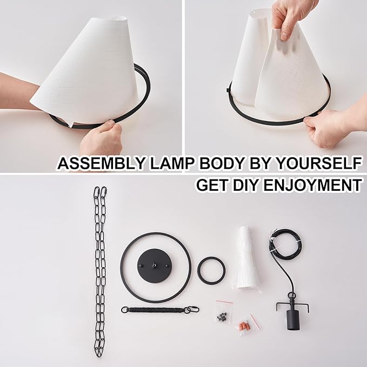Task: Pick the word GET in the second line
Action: tap(211, 185)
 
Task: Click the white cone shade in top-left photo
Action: tap(86, 65)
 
